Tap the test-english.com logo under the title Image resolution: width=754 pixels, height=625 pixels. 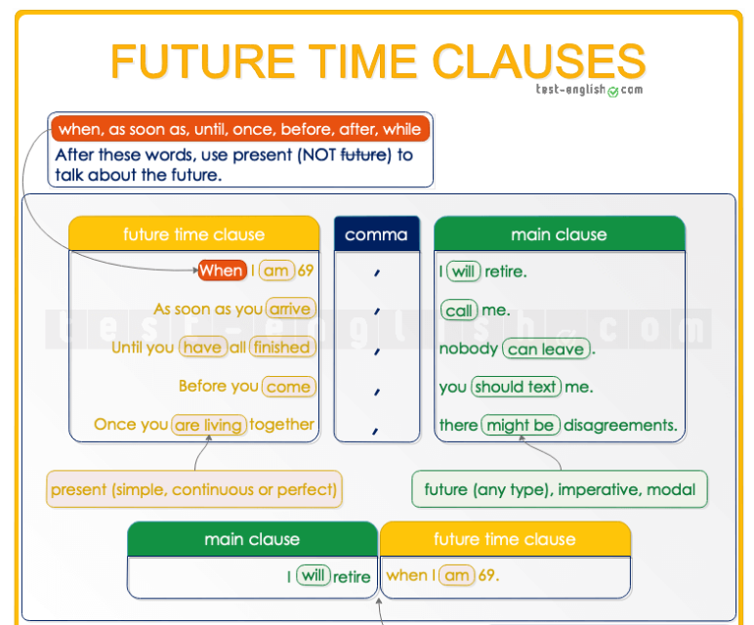tap(589, 90)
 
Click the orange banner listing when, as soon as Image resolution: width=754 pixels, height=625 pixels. tap(239, 129)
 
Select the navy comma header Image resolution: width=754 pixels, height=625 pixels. tap(376, 234)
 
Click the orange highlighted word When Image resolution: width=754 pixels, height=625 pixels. tap(222, 271)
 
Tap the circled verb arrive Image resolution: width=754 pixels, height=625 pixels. tap(290, 310)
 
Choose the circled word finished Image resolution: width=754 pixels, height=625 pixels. tap(280, 348)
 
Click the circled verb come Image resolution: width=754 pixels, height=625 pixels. tap(288, 386)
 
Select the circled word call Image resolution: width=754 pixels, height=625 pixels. tap(458, 311)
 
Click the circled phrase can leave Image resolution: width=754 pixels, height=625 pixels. tap(546, 349)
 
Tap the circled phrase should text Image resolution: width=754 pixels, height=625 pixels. tap(515, 387)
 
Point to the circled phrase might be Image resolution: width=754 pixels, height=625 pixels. tap(521, 425)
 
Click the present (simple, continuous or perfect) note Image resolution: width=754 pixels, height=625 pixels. tap(193, 488)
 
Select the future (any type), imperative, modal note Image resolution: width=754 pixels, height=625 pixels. tap(560, 488)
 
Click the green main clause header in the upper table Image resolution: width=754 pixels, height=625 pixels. tap(559, 234)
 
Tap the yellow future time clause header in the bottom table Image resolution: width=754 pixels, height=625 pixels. tap(504, 539)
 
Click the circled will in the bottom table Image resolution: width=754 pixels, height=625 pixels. tap(313, 576)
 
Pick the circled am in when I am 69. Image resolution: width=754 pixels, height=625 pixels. tap(456, 576)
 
